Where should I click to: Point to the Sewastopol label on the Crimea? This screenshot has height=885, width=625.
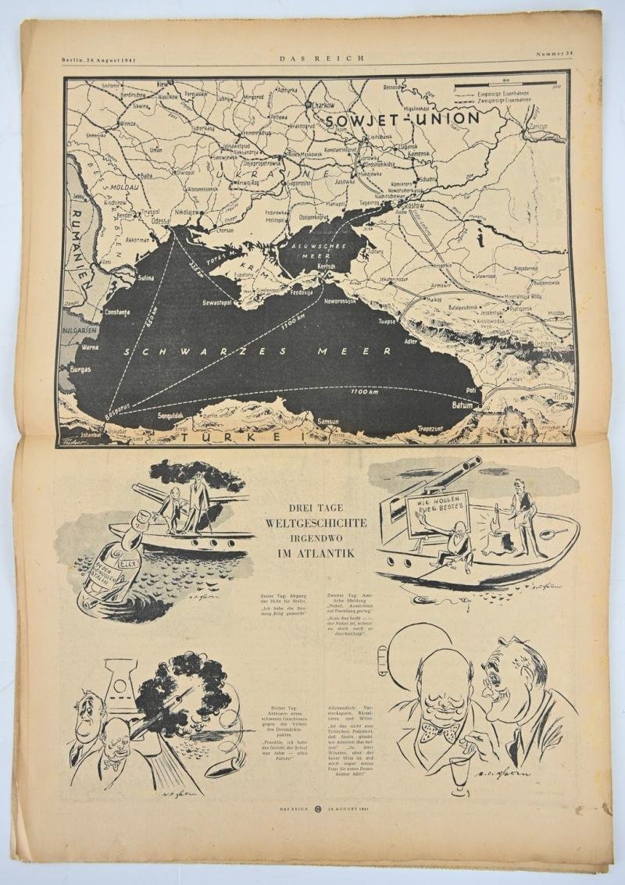point(201,299)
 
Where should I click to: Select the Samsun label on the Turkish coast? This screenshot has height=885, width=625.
point(328,423)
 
